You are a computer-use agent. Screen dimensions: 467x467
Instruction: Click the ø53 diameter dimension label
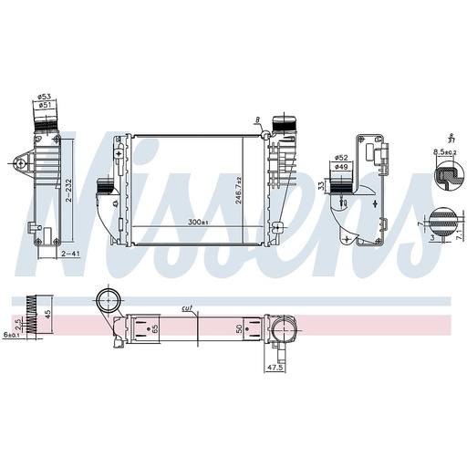(x=43, y=97)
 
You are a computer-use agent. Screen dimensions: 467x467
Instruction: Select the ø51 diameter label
(x=43, y=105)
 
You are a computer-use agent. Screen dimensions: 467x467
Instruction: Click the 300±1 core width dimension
(x=197, y=222)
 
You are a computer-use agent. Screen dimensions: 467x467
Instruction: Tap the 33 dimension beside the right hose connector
(x=322, y=186)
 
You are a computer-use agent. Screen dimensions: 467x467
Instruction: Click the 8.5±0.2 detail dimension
(x=445, y=151)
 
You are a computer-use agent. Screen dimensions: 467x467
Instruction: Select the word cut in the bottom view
(x=187, y=308)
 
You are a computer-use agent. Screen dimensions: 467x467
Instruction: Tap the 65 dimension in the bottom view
(x=155, y=327)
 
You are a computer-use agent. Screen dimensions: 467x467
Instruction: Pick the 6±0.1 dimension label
(x=12, y=335)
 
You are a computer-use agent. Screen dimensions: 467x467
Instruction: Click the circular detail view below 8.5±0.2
(x=445, y=177)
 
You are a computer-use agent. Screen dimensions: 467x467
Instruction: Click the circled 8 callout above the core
(x=258, y=119)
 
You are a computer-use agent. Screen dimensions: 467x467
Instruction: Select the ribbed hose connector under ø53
(x=43, y=119)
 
